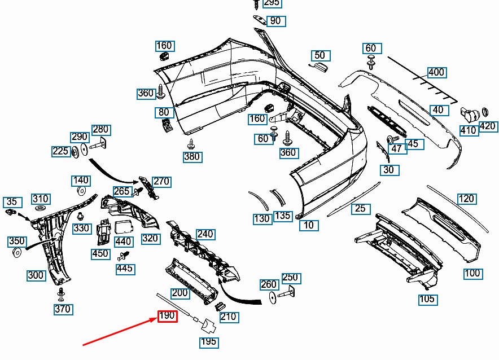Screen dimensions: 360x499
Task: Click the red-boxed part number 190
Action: (x=167, y=316)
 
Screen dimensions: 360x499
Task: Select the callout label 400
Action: (x=436, y=72)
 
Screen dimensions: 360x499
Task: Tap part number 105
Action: (x=428, y=299)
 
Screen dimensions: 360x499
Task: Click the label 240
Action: (x=205, y=234)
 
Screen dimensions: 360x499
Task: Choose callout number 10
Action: (x=309, y=225)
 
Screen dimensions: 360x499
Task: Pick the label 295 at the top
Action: (x=272, y=3)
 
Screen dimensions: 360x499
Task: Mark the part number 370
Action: (x=63, y=309)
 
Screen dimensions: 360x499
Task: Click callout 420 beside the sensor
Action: (x=487, y=126)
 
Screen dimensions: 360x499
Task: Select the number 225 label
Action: (x=60, y=151)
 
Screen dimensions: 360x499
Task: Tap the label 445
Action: (x=125, y=269)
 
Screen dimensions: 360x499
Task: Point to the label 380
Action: (x=192, y=156)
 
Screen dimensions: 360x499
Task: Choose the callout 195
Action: (x=208, y=342)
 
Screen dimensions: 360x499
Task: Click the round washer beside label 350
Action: (x=17, y=252)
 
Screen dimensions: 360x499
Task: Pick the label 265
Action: (x=121, y=191)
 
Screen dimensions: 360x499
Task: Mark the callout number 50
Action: (x=320, y=55)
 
